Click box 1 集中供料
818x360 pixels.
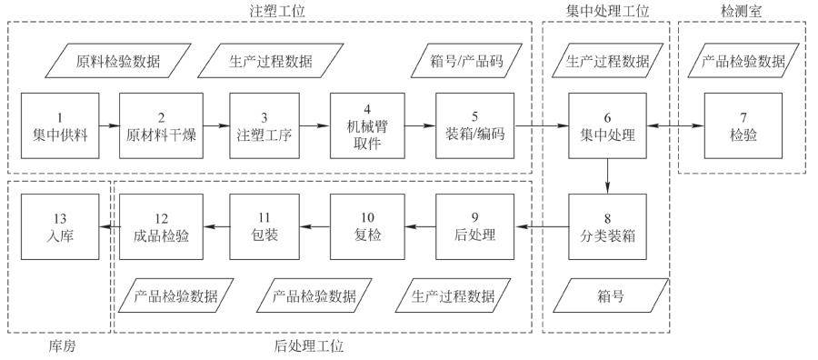click(58, 127)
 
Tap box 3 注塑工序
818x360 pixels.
click(264, 127)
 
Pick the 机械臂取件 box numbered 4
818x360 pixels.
click(366, 127)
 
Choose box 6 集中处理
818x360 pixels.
click(607, 127)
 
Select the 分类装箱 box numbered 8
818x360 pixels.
click(607, 228)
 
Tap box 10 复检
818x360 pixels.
click(366, 228)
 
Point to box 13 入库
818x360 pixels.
click(58, 228)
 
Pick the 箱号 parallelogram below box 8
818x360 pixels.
click(607, 295)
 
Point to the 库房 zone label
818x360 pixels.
click(59, 346)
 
